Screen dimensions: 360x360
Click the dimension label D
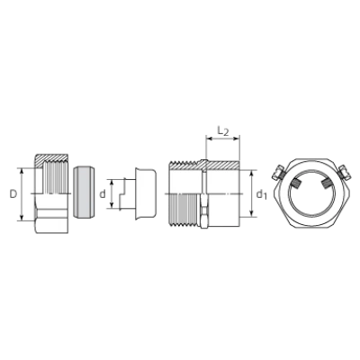[x=13, y=194]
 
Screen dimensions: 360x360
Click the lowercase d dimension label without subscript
[x=103, y=194]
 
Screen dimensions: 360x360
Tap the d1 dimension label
[x=261, y=194]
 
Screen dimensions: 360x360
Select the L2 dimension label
[x=223, y=131]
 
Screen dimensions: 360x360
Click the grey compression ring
[x=85, y=192]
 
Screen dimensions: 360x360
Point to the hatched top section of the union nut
[x=51, y=158]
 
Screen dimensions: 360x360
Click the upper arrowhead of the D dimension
[x=22, y=171]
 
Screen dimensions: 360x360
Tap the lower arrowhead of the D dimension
[x=22, y=218]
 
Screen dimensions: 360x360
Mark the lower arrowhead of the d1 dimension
[x=252, y=213]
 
